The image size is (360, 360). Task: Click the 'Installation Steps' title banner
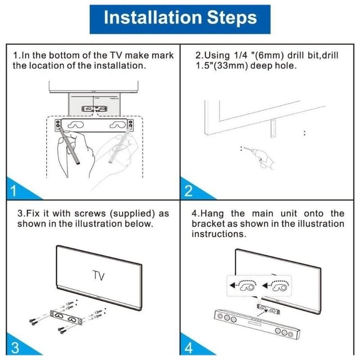tap(180, 18)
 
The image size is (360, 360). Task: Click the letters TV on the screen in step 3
tap(98, 275)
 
